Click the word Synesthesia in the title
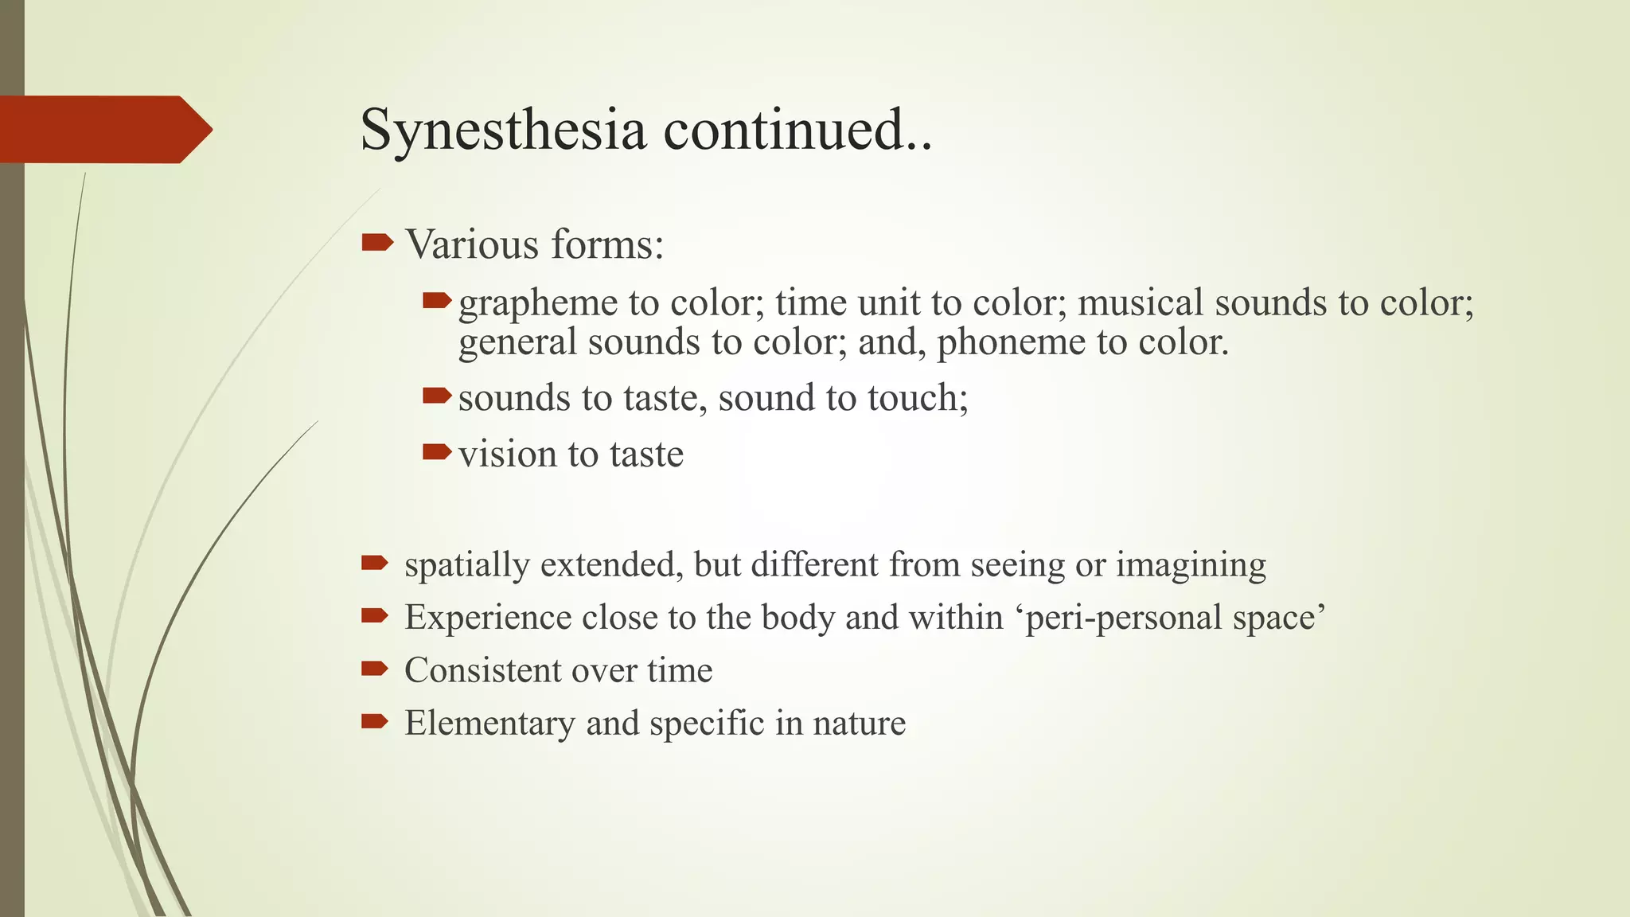pos(503,130)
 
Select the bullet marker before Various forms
pos(376,242)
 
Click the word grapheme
pos(538,303)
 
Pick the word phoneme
pos(1011,343)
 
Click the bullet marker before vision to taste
pos(437,453)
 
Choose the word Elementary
pos(489,723)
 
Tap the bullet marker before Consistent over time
pos(374,669)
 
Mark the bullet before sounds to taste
pos(437,396)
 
